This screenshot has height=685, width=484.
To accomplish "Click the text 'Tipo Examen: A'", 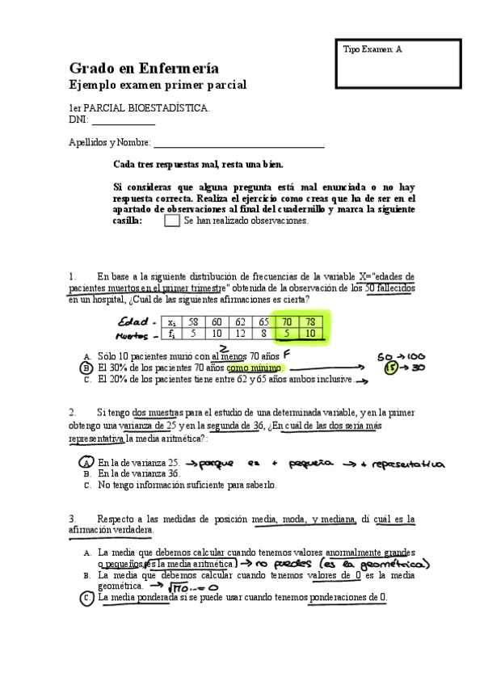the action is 372,50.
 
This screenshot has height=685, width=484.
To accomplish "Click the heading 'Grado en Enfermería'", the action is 144,69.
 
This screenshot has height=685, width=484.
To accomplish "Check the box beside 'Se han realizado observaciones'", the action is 171,221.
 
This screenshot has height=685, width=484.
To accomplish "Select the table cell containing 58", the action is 192,321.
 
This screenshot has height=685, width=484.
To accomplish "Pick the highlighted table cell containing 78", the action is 310,321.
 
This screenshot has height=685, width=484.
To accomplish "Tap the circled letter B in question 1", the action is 86,367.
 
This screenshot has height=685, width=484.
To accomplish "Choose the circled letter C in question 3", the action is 86,599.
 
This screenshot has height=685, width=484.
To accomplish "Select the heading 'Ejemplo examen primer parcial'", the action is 158,85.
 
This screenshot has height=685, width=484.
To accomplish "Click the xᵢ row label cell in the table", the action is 170,321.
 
